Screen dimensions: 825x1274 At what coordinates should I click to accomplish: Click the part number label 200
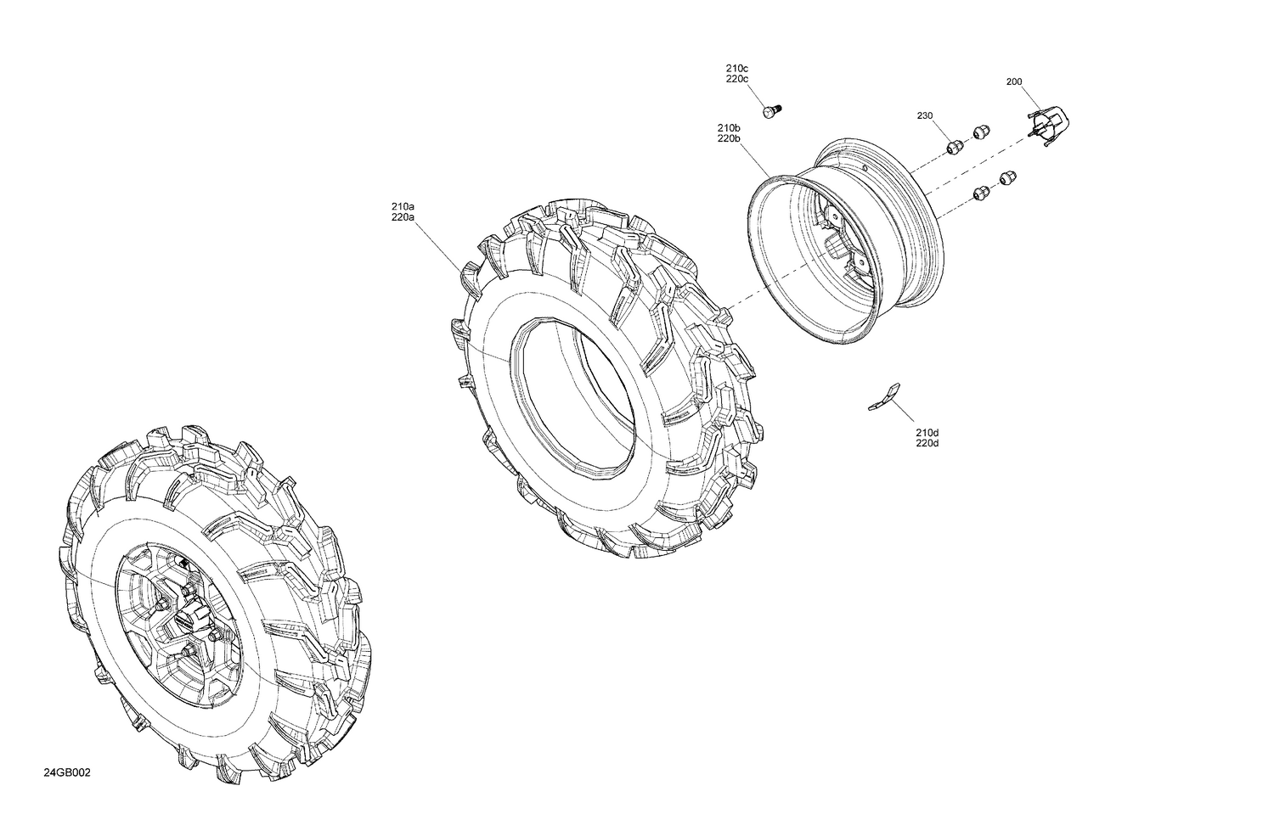coord(1013,82)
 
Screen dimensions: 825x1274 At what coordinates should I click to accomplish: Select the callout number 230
coord(924,115)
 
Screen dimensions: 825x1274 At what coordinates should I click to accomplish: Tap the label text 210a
coord(403,206)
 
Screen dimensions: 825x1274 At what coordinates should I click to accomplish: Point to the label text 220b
coord(729,138)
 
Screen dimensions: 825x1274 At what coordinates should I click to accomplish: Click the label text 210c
coord(736,68)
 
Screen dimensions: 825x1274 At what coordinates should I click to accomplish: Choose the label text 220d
coord(927,444)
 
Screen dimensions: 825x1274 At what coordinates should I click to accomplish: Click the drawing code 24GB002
coord(67,773)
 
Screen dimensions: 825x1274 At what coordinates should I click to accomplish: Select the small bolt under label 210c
coord(771,110)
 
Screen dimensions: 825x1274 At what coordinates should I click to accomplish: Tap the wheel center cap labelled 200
coord(1050,125)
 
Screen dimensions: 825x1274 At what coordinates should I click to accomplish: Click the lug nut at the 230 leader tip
coord(954,147)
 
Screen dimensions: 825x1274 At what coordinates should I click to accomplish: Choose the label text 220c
coord(736,79)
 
